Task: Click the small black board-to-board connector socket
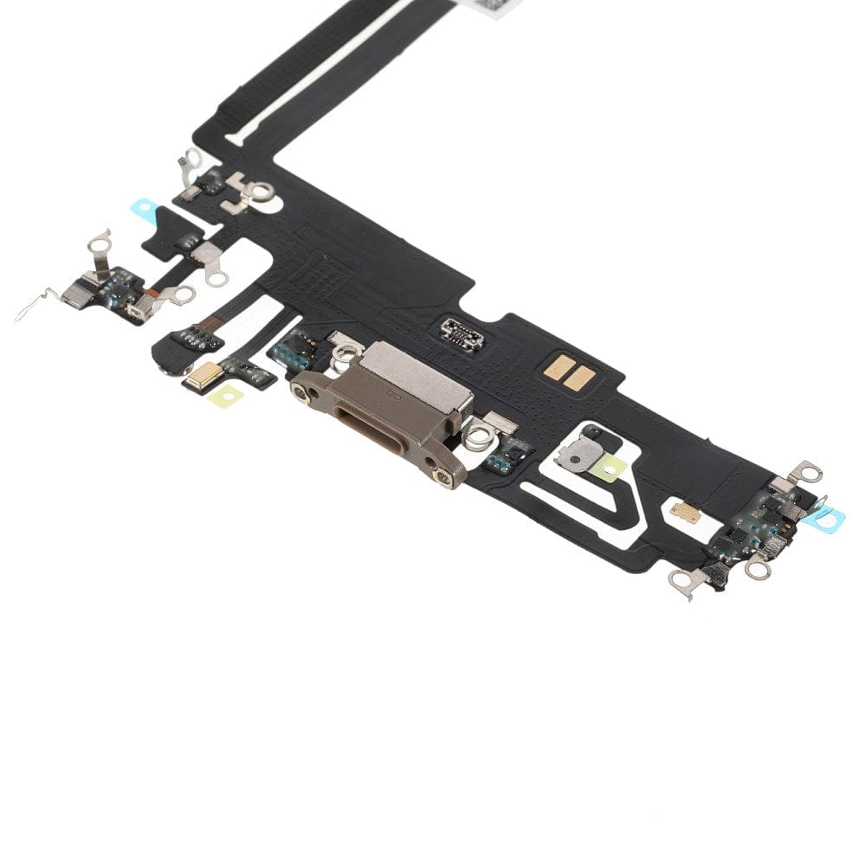[462, 333]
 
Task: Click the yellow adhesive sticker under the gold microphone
[224, 396]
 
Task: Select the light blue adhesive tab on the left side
[144, 210]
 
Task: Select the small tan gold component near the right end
[687, 513]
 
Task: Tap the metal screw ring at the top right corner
[810, 473]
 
